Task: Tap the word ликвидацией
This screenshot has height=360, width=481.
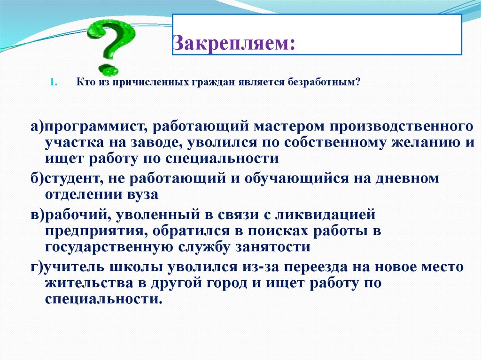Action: (328, 215)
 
